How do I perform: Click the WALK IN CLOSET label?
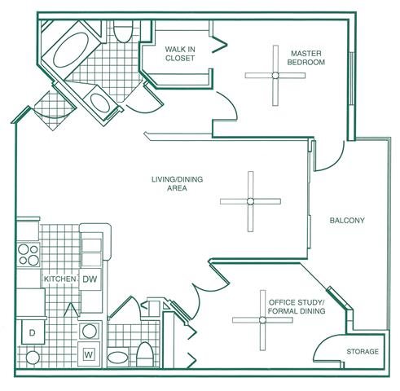[181, 53]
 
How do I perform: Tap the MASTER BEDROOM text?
[308, 58]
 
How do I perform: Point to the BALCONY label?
[346, 221]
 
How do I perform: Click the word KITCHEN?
[59, 279]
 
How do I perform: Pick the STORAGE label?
[363, 352]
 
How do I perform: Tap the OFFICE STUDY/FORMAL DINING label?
[297, 306]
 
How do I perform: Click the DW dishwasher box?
[90, 279]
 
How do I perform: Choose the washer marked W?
[89, 354]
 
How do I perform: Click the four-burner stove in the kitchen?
[29, 253]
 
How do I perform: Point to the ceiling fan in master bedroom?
[275, 75]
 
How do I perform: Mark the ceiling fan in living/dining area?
[251, 201]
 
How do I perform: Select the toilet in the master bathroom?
[124, 33]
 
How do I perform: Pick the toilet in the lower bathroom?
[145, 354]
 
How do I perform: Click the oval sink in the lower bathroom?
[118, 357]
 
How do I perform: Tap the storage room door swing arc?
[327, 347]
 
